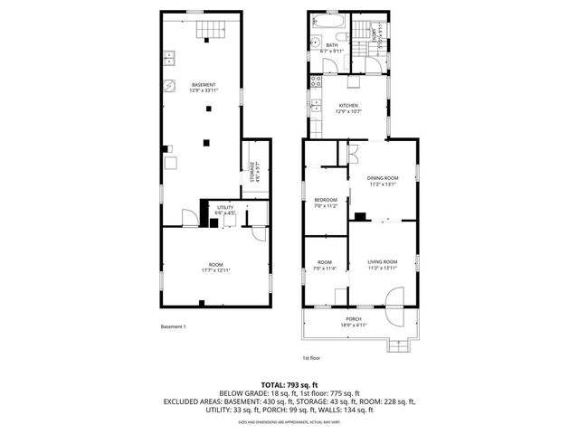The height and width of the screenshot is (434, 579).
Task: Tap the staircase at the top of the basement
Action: point(210,31)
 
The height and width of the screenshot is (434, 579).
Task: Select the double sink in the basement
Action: point(169,60)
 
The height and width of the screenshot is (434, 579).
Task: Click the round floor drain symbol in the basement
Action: point(169,87)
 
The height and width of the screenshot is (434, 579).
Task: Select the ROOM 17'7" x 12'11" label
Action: point(215,269)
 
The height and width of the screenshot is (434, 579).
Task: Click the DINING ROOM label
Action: point(383,181)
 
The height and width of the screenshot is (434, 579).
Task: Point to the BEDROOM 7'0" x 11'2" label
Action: point(325,203)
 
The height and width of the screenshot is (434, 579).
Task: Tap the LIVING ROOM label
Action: point(383,264)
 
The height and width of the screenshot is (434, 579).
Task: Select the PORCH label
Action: point(352,321)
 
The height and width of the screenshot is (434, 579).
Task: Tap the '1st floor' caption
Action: point(312,359)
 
